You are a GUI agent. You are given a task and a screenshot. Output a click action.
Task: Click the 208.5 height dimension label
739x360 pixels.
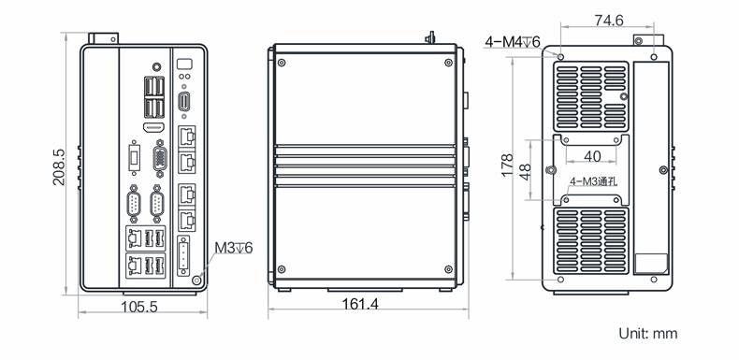point(59,166)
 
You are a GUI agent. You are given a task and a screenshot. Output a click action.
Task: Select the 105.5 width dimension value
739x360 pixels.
point(139,307)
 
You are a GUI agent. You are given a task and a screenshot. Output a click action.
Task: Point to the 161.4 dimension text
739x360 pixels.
point(360,304)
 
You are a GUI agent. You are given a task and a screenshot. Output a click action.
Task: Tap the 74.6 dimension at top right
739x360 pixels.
point(609,21)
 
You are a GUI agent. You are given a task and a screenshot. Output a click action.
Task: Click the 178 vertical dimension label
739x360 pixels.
point(508,165)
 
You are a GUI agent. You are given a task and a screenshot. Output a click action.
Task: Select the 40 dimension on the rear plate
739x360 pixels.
point(592,156)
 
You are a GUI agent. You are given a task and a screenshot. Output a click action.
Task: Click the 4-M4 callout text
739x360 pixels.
point(513,42)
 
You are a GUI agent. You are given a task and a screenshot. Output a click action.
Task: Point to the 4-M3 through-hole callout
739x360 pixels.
point(593,181)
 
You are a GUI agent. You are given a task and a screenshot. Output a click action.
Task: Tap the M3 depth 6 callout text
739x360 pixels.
point(234,248)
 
